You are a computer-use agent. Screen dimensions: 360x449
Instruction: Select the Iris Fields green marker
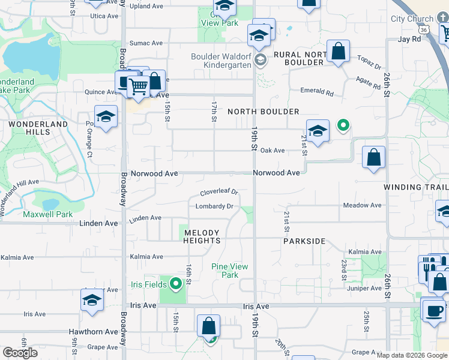pos(175,283)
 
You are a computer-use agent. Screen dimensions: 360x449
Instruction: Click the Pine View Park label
pos(229,271)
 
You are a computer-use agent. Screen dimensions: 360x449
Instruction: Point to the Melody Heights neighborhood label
pos(202,236)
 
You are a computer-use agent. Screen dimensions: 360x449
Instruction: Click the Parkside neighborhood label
pos(304,241)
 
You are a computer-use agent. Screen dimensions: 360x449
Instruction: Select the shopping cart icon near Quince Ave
pos(139,87)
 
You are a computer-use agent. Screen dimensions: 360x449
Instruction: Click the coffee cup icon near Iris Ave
pos(433,310)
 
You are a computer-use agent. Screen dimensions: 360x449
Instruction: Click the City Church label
pos(412,19)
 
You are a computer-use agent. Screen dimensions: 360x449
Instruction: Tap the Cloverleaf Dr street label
pos(219,193)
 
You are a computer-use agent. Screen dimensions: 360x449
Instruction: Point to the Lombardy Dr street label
pos(214,206)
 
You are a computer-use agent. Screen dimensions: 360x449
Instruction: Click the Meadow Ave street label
pos(362,205)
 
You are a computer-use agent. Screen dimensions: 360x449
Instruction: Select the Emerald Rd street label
pos(317,92)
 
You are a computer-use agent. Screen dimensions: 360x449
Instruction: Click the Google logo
pos(20,353)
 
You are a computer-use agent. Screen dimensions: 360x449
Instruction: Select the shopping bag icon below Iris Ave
pos(208,327)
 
